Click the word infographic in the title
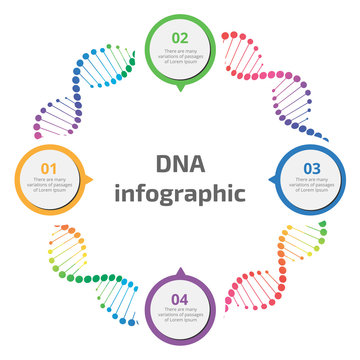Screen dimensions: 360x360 (x=180, y=193)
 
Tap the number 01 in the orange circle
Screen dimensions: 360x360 (x=47, y=167)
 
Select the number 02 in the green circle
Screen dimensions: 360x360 (x=180, y=38)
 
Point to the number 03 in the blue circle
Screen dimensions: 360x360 (x=312, y=167)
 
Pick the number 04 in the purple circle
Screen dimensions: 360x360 (x=180, y=299)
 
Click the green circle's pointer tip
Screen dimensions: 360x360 (x=180, y=90)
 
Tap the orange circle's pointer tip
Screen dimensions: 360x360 (x=92, y=180)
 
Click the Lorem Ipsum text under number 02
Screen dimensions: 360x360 (x=180, y=56)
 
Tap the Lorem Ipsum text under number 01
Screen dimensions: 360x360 (x=47, y=184)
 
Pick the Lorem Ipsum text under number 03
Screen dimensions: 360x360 (x=312, y=184)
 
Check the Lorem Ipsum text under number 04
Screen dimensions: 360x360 (x=180, y=315)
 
